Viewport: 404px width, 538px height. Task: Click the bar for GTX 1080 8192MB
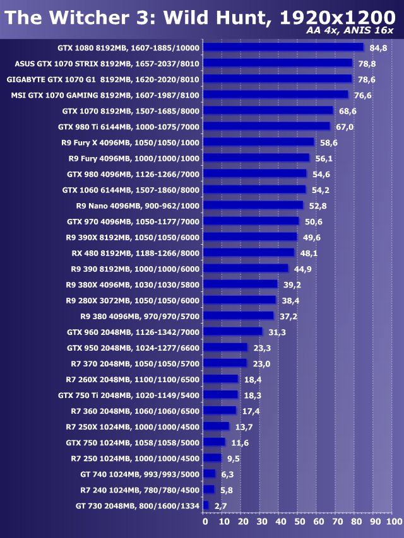tap(283, 47)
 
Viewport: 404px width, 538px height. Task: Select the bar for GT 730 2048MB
tap(206, 505)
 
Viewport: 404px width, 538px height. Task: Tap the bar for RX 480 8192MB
tap(249, 252)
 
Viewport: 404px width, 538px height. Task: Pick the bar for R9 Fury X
tap(259, 142)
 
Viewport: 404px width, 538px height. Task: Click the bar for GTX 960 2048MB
tap(233, 332)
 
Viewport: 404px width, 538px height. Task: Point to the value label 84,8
tap(378, 47)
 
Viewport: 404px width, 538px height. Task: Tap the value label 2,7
tap(220, 506)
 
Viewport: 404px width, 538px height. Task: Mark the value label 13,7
tap(243, 427)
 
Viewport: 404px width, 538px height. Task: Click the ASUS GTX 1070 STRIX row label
tap(107, 63)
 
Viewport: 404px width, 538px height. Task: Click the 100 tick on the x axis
tap(393, 522)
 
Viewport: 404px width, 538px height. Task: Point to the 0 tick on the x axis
tap(205, 522)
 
